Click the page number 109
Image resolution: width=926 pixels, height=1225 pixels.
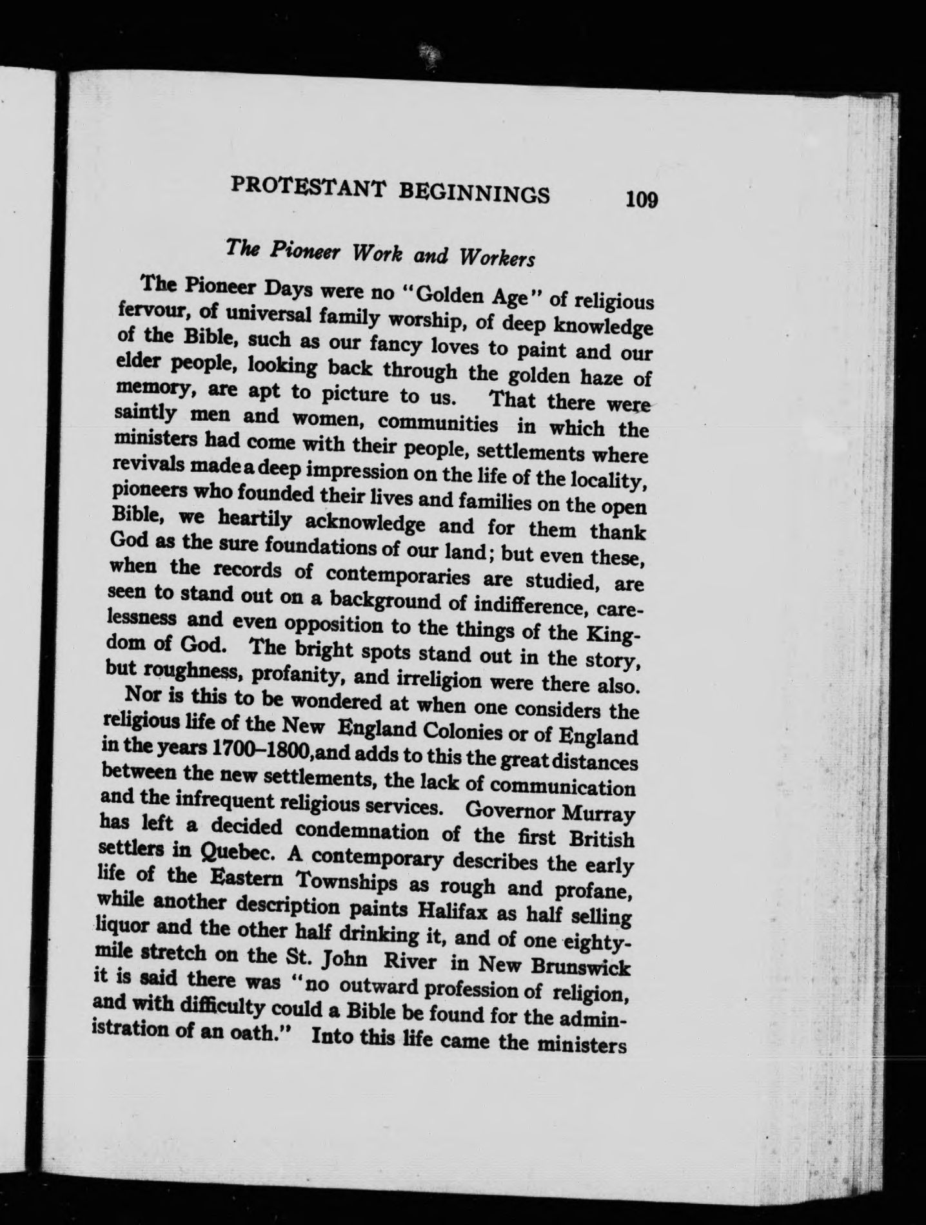tap(640, 200)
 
